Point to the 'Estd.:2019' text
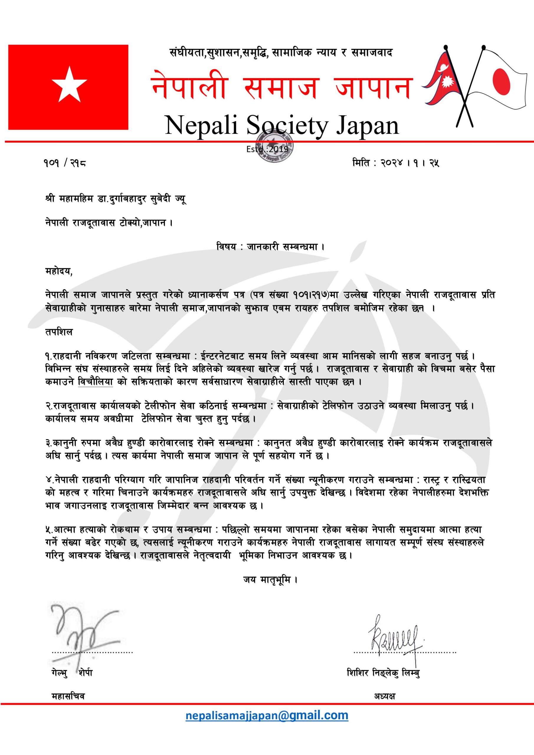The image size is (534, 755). pos(267,149)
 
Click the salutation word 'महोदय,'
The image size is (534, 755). pos(59,272)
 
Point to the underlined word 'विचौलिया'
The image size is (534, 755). pos(95,383)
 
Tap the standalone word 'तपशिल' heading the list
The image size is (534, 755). pos(59,332)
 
